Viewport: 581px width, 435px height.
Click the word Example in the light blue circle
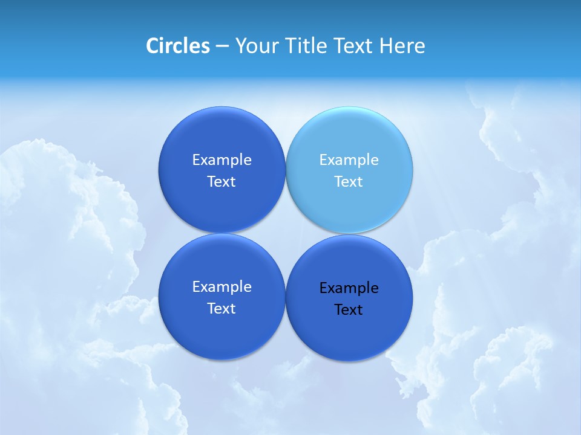click(349, 160)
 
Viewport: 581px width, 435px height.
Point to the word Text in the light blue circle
click(349, 182)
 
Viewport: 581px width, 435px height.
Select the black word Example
click(349, 288)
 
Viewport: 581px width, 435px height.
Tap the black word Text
click(349, 310)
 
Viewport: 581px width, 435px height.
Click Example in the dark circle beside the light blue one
click(222, 160)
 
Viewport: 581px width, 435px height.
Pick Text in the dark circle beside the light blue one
click(222, 182)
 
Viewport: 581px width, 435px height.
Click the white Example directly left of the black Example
click(222, 287)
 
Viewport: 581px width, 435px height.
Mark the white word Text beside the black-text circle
click(222, 309)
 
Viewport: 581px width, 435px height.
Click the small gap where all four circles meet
click(286, 234)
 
